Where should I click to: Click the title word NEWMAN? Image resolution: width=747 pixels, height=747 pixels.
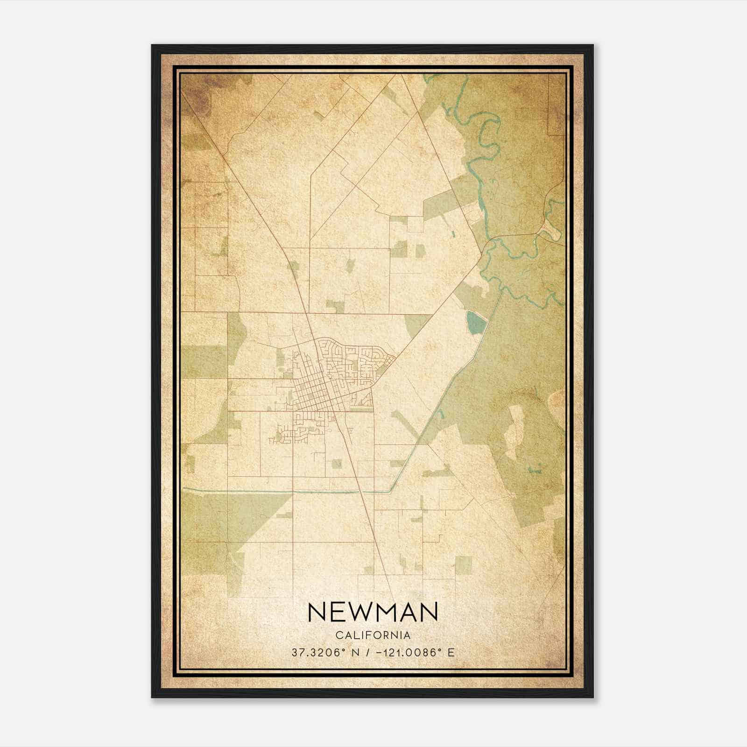point(373,612)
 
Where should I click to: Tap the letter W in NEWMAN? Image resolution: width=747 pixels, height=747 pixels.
point(355,612)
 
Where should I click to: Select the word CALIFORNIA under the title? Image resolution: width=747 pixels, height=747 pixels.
point(373,635)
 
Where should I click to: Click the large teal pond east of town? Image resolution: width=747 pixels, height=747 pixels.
point(475,323)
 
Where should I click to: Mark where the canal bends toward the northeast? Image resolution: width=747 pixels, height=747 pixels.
point(391,491)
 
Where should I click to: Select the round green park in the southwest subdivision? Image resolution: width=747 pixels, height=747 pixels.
point(279,436)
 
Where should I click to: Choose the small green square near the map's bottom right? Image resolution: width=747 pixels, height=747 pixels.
point(463,565)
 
